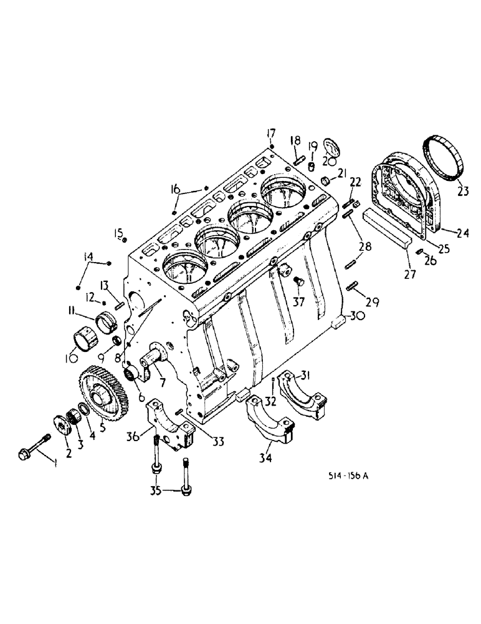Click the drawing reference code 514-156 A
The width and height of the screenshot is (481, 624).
349,476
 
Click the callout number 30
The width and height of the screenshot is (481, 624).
356,316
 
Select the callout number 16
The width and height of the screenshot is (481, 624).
175,188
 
